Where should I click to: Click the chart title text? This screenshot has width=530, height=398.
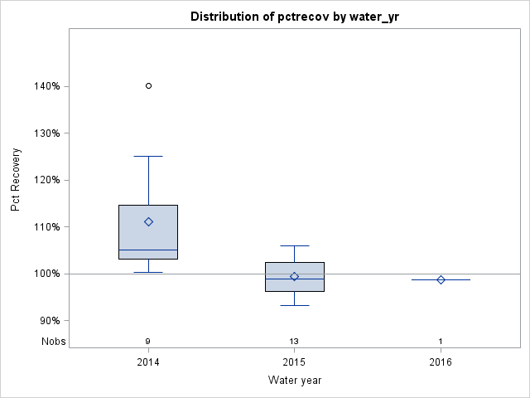tap(294, 17)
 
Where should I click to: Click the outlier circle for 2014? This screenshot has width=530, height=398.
tap(148, 85)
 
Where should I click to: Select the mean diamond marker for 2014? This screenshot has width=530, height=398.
tap(148, 221)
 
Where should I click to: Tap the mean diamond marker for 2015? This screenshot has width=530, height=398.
tap(294, 276)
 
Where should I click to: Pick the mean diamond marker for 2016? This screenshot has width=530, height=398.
tap(441, 279)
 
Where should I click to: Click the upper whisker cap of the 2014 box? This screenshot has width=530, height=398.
tap(148, 156)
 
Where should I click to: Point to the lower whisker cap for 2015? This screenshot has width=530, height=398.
tap(294, 305)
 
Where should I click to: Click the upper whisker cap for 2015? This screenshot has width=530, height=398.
tap(294, 245)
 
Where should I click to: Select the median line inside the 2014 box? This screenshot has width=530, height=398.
tap(148, 250)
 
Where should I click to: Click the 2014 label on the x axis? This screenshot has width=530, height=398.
tap(148, 362)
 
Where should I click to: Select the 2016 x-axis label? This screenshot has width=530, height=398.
tap(441, 362)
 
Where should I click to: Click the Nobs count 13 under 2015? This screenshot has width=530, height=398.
tap(294, 342)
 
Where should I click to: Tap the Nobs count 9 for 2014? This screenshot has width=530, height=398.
tap(148, 342)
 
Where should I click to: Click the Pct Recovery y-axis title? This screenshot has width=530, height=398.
tap(16, 180)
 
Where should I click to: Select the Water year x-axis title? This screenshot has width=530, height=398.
tap(294, 381)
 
